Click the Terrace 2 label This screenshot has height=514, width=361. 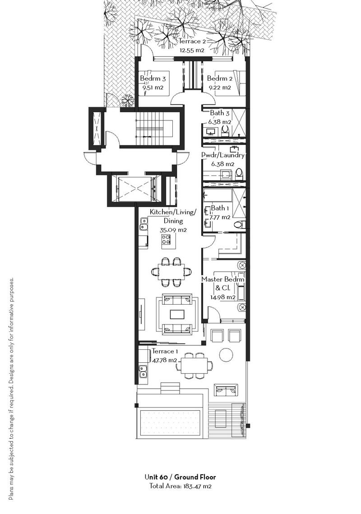click(192, 42)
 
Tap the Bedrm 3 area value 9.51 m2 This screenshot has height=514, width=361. click(153, 88)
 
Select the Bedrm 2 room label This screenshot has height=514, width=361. click(220, 79)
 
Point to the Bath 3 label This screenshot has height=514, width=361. click(220, 113)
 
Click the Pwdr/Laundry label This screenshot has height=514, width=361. click(222, 155)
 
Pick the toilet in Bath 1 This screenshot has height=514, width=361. click(241, 225)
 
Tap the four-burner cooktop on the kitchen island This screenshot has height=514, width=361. click(166, 240)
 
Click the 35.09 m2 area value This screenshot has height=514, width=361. click(173, 230)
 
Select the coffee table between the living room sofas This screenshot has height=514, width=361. click(177, 315)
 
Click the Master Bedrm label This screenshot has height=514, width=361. click(222, 279)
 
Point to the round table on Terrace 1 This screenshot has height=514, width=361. click(226, 354)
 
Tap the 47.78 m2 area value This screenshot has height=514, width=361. click(165, 360)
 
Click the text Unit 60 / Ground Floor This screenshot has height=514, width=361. click(180, 477)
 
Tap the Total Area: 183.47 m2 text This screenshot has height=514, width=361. click(180, 486)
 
